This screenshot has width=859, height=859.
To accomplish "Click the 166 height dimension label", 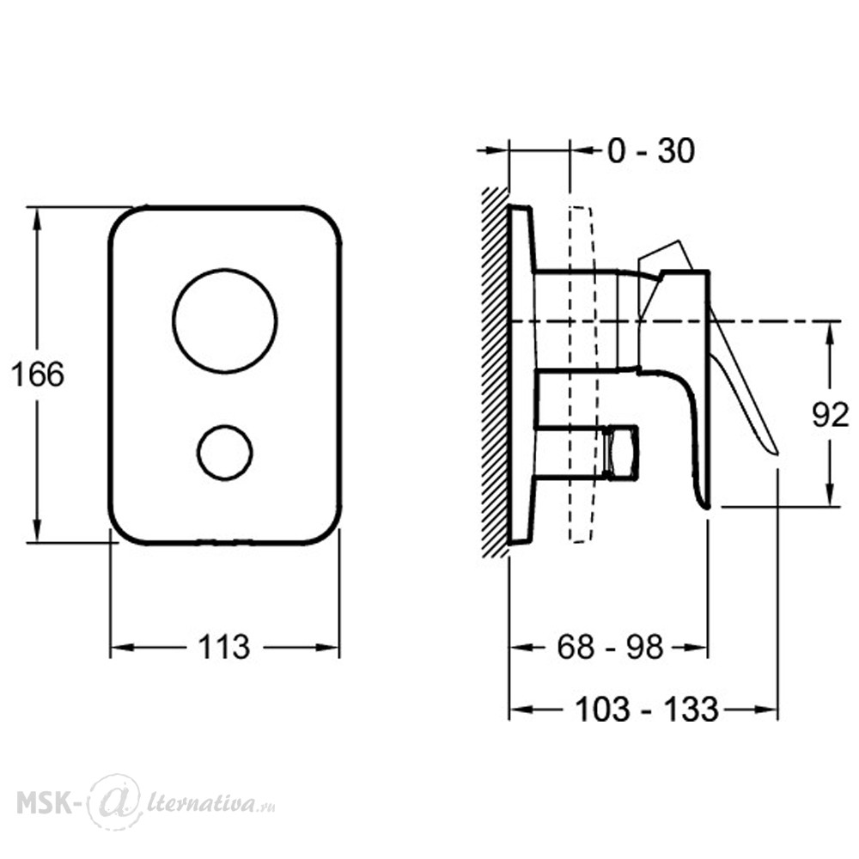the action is click(x=37, y=375).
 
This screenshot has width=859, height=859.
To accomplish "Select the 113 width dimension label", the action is click(x=223, y=647).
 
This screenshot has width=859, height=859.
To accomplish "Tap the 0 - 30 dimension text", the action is click(x=651, y=150).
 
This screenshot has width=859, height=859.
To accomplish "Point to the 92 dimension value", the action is click(x=830, y=415).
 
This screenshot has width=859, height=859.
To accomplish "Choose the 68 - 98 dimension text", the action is click(x=610, y=647).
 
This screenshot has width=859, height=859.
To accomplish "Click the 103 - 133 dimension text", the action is click(x=647, y=710).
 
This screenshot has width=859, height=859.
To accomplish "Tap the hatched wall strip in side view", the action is click(x=495, y=373).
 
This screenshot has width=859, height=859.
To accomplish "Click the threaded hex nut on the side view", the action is click(x=621, y=452).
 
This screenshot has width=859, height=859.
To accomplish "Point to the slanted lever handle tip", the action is click(x=776, y=452).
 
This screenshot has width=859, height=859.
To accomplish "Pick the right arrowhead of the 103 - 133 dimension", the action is click(x=766, y=710).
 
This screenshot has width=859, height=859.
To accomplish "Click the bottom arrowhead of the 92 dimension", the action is click(x=831, y=496).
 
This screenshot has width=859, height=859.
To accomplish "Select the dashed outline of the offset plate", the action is click(x=582, y=375).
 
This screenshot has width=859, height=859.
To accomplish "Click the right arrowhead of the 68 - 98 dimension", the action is click(x=697, y=648).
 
